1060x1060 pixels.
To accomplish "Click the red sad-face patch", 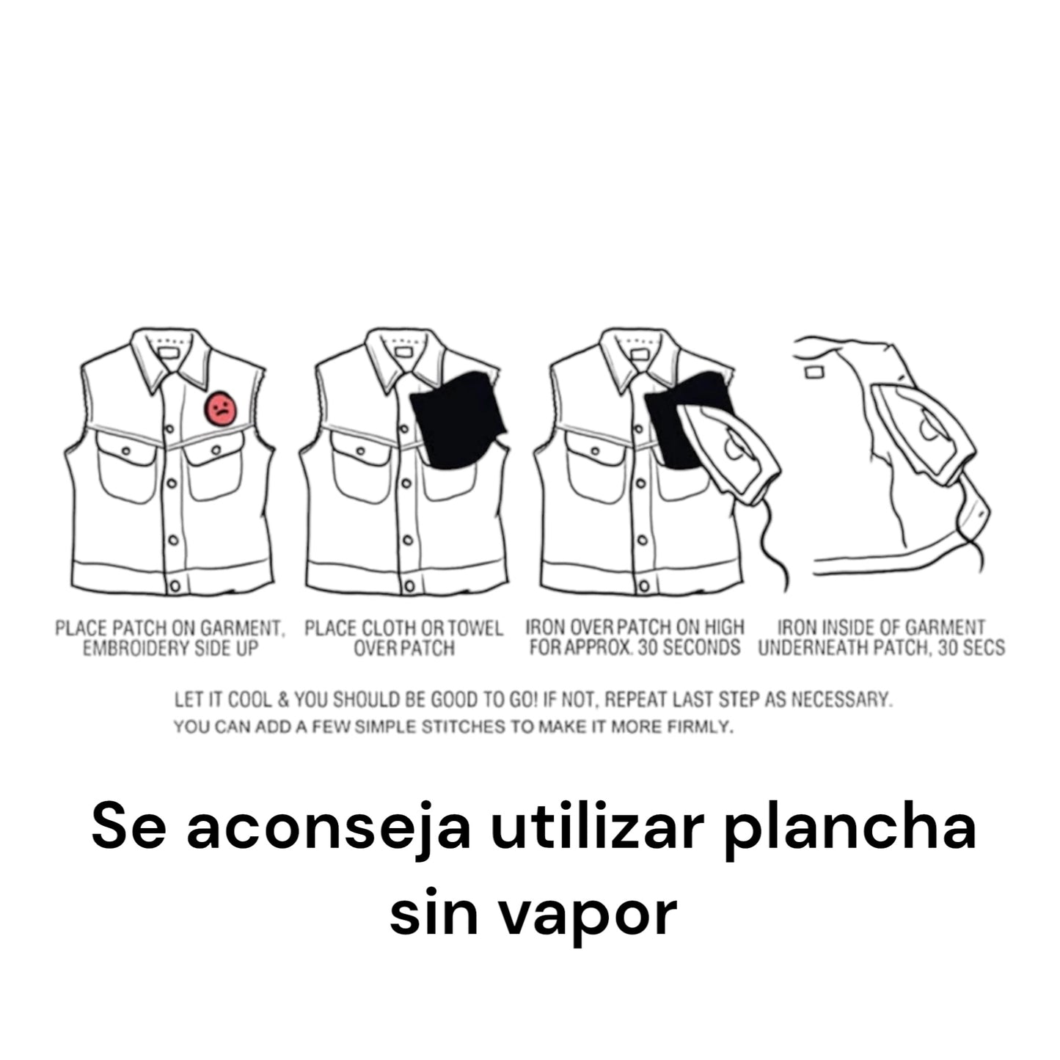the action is pyautogui.click(x=221, y=409).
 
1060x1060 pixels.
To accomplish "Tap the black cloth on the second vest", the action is pyautogui.click(x=458, y=421).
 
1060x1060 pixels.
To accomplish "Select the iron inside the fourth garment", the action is pyautogui.click(x=924, y=434).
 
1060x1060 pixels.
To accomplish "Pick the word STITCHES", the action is pyautogui.click(x=463, y=727).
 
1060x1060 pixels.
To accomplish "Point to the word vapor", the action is pyautogui.click(x=588, y=915).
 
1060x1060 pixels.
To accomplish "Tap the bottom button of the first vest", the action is pyautogui.click(x=175, y=586).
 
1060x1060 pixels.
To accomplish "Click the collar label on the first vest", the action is pyautogui.click(x=168, y=353).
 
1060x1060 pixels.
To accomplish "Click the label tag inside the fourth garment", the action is pyautogui.click(x=814, y=373).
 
